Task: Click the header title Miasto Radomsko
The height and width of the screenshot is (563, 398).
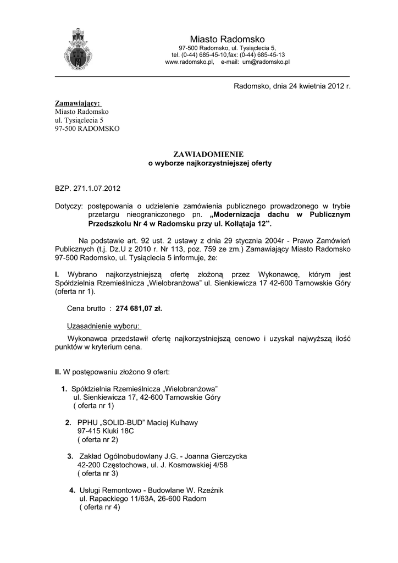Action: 227,39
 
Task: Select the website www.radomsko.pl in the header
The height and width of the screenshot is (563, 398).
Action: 189,63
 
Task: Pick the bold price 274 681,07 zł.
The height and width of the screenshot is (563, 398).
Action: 139,308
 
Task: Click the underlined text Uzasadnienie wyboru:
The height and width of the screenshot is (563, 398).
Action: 103,325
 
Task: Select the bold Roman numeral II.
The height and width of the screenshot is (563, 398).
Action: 58,372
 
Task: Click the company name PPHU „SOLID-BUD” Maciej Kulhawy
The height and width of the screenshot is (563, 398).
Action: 137,422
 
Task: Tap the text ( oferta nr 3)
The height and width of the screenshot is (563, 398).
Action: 98,473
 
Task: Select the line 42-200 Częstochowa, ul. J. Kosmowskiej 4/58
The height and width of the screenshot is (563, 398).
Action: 152,465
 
